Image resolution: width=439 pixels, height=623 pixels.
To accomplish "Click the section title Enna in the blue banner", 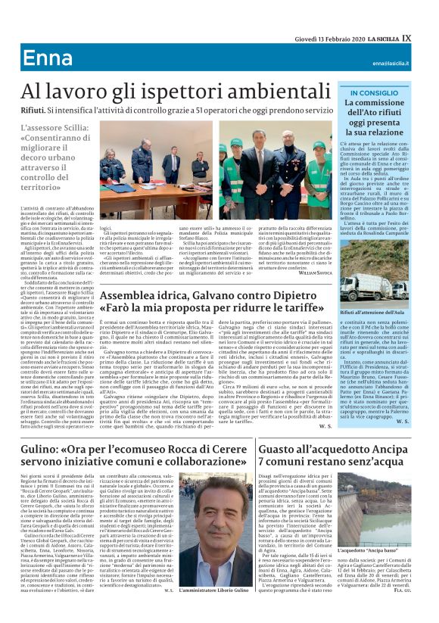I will (x=48, y=58).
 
